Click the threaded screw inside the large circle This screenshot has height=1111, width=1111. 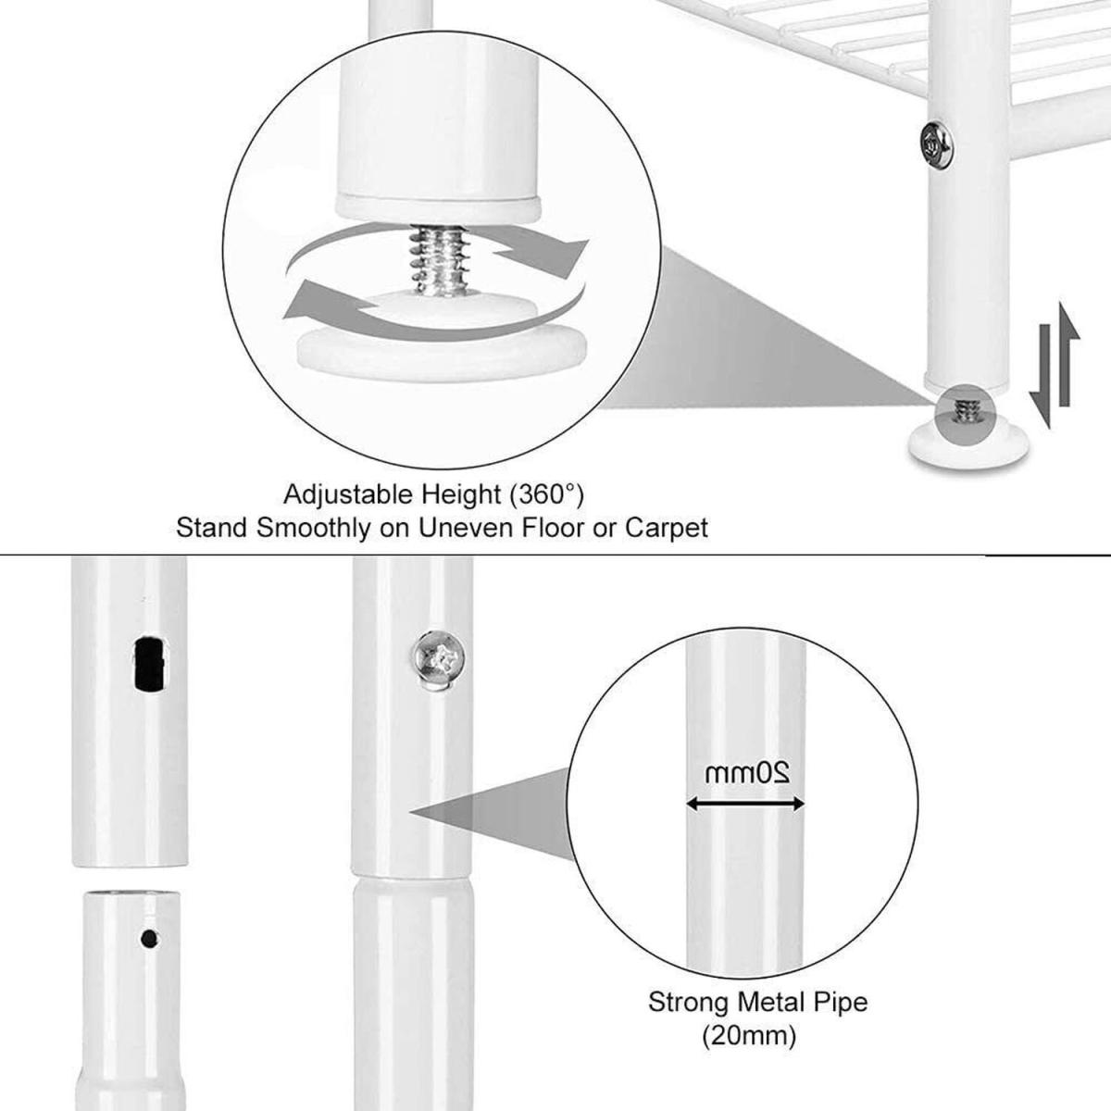(x=440, y=259)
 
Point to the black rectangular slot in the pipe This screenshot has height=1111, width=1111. (x=149, y=663)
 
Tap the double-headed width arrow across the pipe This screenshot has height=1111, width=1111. (x=745, y=804)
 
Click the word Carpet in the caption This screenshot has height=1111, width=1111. (x=667, y=528)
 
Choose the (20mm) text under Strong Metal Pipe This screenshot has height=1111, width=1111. (x=749, y=1036)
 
